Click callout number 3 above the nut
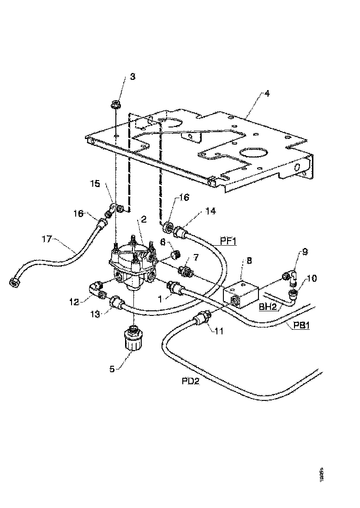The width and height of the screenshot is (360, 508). tap(132, 77)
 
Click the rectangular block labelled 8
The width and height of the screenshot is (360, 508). tap(241, 292)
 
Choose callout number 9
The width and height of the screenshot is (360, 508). tap(304, 253)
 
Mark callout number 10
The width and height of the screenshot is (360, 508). tap(311, 278)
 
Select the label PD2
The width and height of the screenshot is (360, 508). tap(190, 382)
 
